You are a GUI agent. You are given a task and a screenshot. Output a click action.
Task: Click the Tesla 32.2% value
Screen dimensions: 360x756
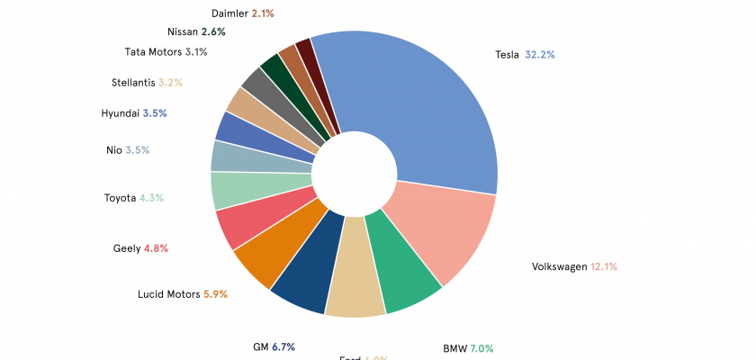(x=540, y=55)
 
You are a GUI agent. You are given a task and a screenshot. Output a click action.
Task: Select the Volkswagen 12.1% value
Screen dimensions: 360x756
(x=603, y=266)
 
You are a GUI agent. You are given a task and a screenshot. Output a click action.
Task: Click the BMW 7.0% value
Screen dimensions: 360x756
(x=480, y=348)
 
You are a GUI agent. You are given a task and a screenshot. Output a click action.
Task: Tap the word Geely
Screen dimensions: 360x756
(x=127, y=248)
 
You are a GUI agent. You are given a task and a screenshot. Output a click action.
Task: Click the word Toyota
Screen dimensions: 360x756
(x=120, y=198)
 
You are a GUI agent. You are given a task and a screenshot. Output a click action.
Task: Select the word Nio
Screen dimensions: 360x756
(x=113, y=149)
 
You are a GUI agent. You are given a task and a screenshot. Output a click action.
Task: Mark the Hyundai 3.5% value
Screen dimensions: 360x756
(x=154, y=113)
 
